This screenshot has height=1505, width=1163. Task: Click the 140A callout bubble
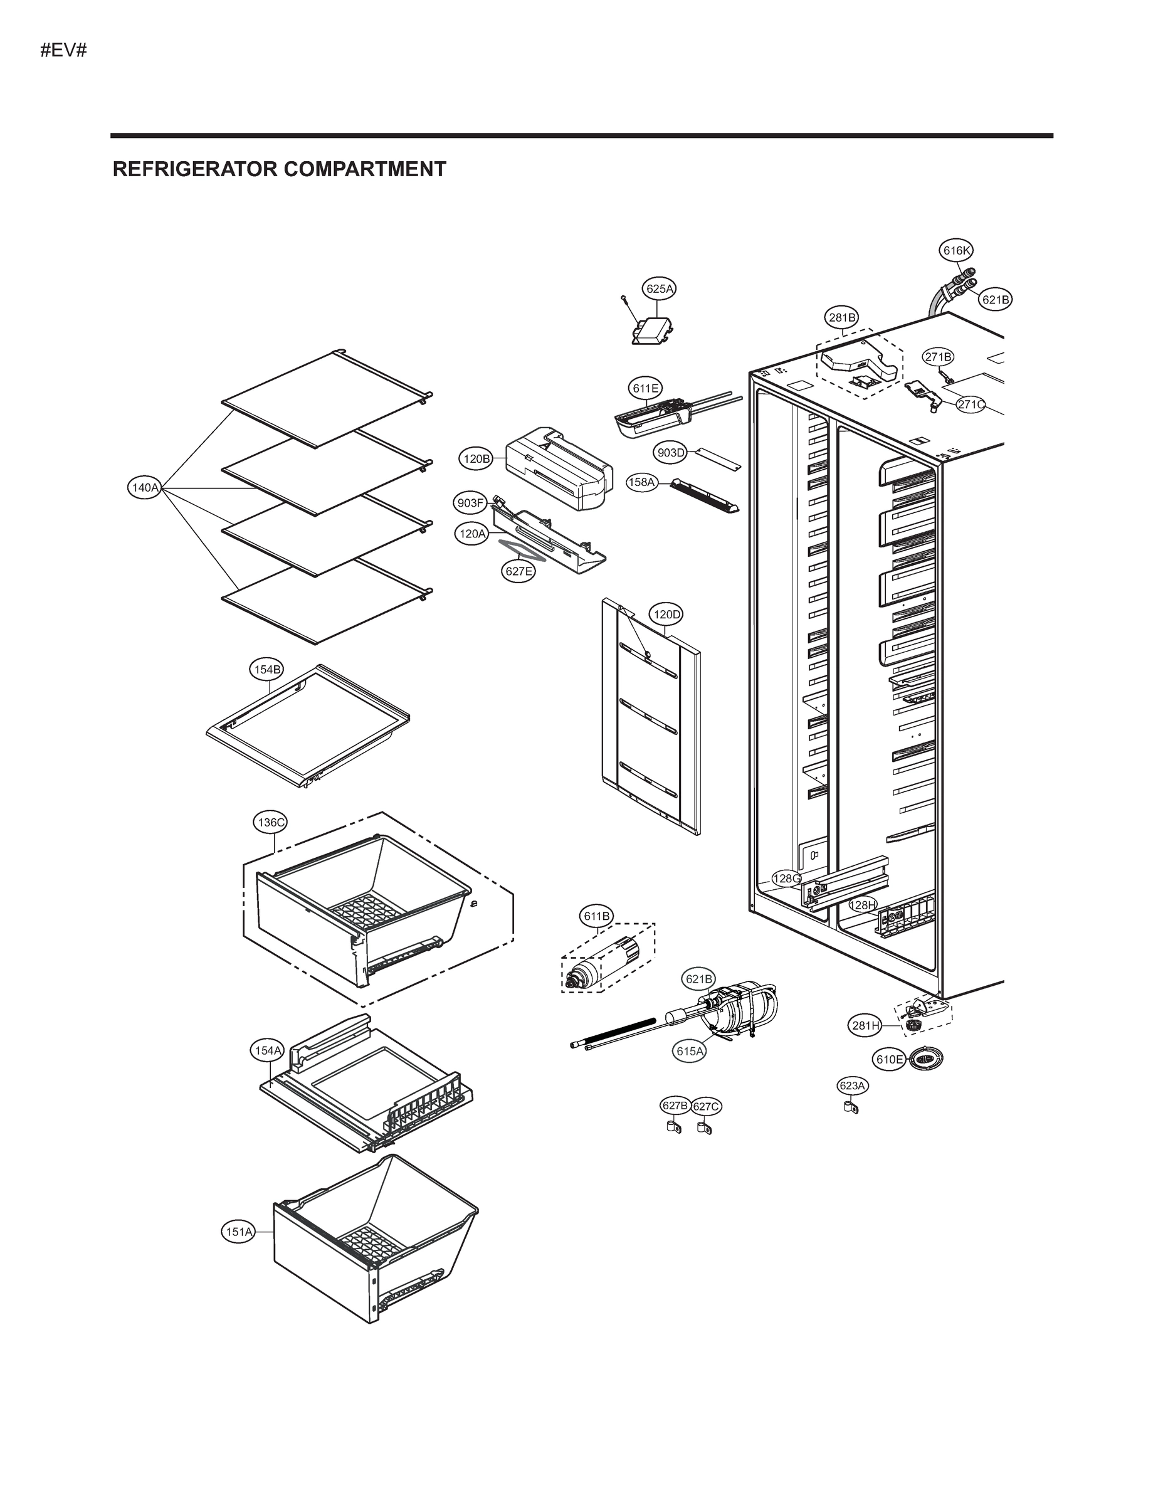(x=145, y=488)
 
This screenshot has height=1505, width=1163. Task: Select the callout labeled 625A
(x=660, y=288)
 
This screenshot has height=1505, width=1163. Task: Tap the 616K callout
(x=956, y=251)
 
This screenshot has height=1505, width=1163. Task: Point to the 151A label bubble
(x=239, y=1232)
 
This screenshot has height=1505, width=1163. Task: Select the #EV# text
(x=63, y=50)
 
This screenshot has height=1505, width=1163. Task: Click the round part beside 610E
(x=925, y=1059)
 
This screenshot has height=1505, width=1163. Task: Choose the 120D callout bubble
(x=666, y=614)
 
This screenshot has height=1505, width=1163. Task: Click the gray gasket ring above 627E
(x=522, y=551)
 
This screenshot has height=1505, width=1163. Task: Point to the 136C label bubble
(x=270, y=822)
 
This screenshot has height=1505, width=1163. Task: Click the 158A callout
(x=641, y=482)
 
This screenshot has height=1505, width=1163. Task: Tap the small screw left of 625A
(x=622, y=298)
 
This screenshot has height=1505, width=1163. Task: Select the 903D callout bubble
(x=670, y=453)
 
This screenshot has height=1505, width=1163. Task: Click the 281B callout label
(x=842, y=318)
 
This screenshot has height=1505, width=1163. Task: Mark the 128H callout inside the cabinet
(x=862, y=905)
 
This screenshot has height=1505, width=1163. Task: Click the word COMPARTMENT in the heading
(x=364, y=169)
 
